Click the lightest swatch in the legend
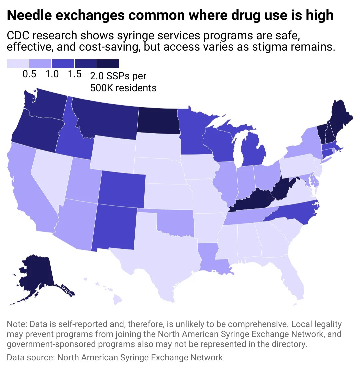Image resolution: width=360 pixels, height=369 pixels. pyautogui.click(x=18, y=64)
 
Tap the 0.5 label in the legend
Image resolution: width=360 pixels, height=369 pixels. pyautogui.click(x=29, y=74)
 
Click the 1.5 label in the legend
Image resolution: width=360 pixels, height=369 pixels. pyautogui.click(x=75, y=74)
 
